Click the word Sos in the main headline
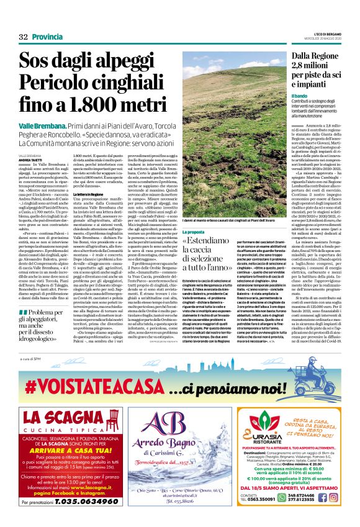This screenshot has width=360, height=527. point(38,63)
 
